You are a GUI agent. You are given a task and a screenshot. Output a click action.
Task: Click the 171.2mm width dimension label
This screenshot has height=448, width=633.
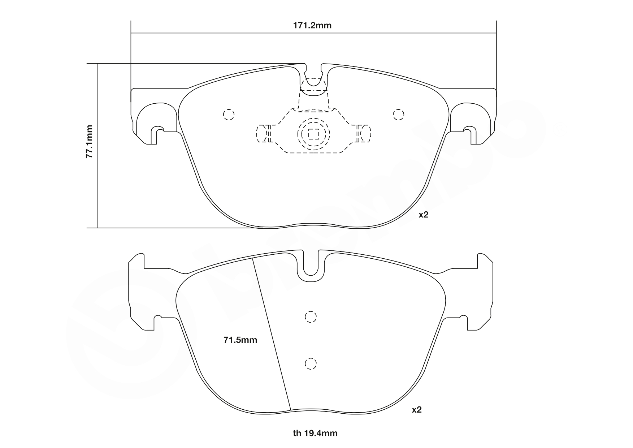312,25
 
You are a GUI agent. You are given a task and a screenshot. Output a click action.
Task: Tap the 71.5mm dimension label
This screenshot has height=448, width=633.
240,340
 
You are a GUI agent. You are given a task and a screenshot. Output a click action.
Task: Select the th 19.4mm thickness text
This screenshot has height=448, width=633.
315,433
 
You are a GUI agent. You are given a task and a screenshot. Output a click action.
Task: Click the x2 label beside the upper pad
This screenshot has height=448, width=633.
423,215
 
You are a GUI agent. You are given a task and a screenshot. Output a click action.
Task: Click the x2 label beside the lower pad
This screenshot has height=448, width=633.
417,410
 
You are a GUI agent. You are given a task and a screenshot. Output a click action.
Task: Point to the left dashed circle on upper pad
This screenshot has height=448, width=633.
229,115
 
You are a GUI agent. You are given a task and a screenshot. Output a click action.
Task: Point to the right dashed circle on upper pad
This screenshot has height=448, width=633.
398,115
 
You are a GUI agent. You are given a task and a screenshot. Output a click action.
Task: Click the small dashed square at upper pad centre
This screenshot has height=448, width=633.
313,134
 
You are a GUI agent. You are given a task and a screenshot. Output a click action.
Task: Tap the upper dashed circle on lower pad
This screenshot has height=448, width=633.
311,317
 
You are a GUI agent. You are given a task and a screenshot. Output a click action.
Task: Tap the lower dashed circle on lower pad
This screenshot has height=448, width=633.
311,363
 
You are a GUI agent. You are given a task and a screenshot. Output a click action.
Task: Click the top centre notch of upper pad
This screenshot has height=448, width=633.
314,72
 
